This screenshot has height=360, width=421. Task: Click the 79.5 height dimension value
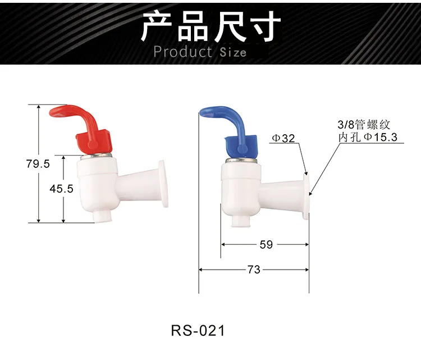click(x=38, y=164)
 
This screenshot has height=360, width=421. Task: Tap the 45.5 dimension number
click(x=62, y=189)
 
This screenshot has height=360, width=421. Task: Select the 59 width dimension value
click(x=266, y=244)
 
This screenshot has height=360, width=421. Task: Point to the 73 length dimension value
click(x=254, y=270)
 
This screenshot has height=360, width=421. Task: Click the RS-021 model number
click(x=198, y=330)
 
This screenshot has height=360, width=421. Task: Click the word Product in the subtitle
click(x=182, y=52)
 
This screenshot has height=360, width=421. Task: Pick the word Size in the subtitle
click(x=233, y=52)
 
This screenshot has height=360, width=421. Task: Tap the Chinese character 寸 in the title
click(x=264, y=26)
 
